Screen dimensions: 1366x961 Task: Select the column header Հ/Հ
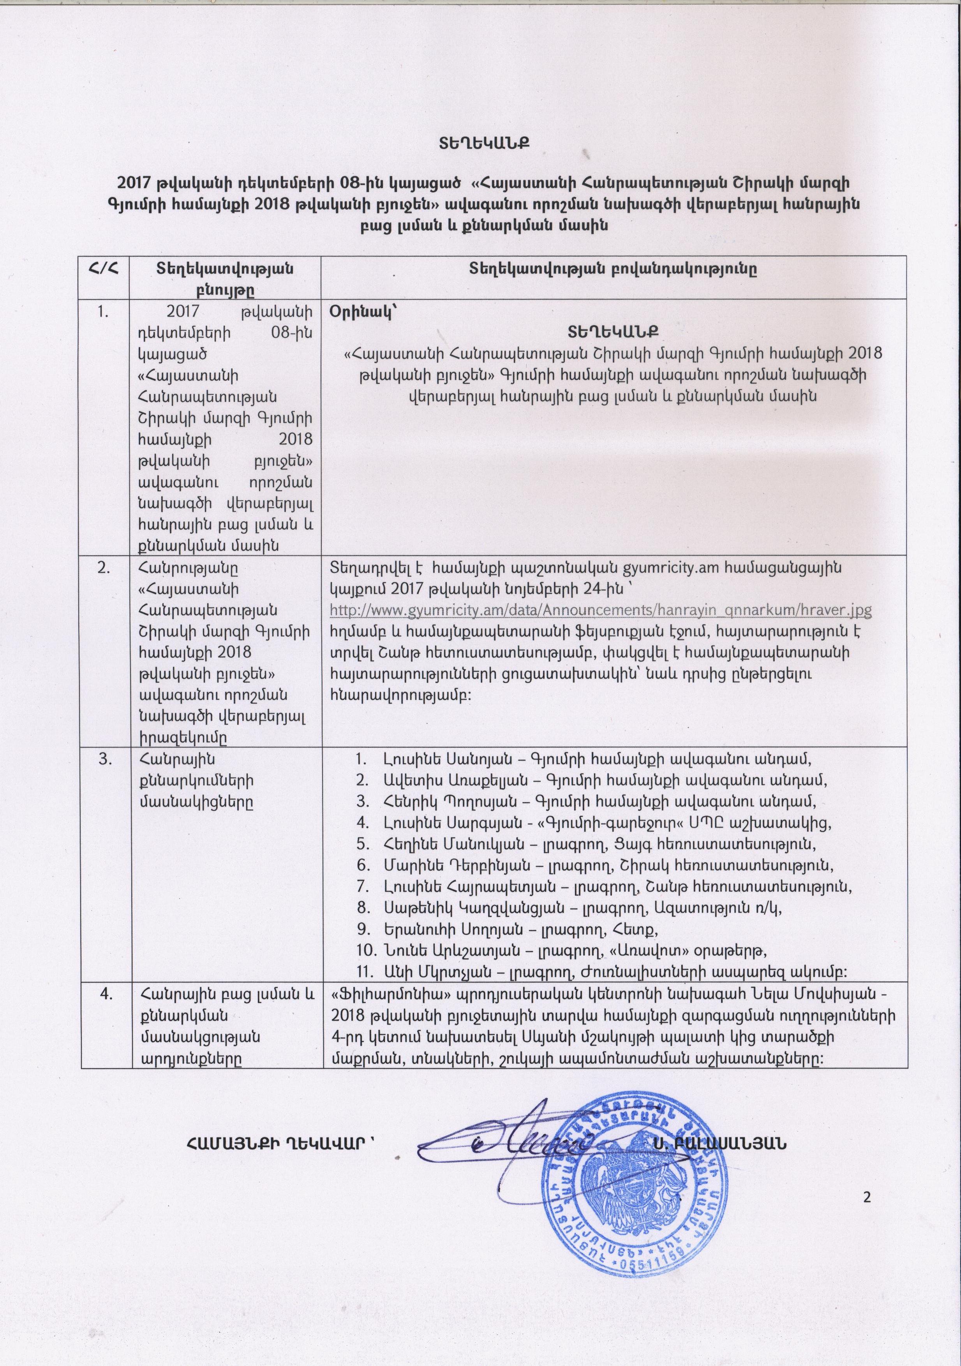105,268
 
